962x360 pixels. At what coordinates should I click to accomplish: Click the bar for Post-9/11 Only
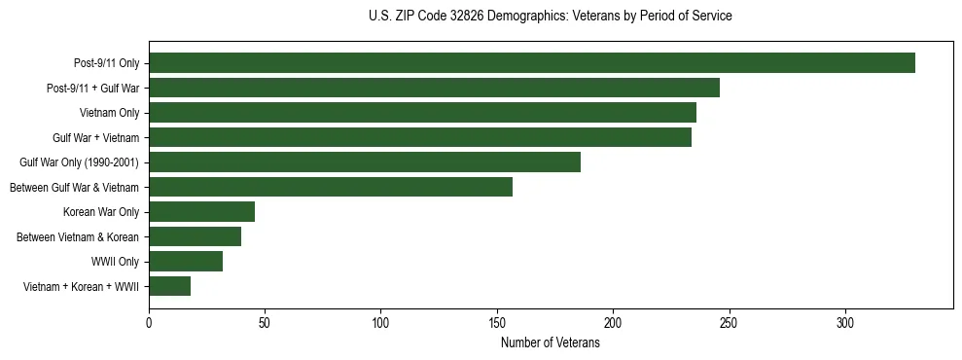(531, 63)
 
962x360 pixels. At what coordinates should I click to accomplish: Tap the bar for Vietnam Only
(422, 113)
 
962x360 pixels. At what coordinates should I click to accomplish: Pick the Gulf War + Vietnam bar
(420, 137)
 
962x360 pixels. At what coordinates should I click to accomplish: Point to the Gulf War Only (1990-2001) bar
(365, 162)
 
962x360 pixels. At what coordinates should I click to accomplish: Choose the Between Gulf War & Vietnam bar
(331, 187)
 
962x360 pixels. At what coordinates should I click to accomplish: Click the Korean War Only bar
(201, 212)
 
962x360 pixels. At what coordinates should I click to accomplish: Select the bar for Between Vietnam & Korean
(195, 236)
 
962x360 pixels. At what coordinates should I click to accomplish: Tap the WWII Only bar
(186, 262)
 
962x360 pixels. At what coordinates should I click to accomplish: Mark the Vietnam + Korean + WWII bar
(169, 286)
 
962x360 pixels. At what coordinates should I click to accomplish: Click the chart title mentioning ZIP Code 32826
(551, 17)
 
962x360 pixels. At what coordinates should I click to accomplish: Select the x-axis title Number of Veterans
(551, 343)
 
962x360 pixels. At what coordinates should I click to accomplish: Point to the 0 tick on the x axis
(149, 324)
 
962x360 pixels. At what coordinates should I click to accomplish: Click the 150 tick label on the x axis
(497, 324)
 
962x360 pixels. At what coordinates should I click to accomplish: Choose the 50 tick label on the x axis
(265, 324)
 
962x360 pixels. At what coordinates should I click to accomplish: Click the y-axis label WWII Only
(115, 262)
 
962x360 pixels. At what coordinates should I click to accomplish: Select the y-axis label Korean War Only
(101, 212)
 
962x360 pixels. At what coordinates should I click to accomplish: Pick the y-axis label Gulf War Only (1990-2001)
(79, 162)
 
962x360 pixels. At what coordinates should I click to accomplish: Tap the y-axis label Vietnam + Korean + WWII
(81, 286)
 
